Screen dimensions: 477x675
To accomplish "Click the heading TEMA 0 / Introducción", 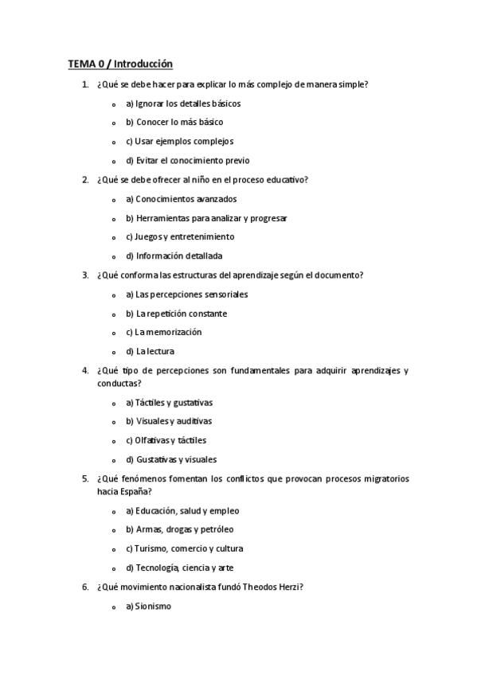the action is [x=119, y=64].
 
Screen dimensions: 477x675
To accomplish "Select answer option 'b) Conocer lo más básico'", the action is [x=174, y=122].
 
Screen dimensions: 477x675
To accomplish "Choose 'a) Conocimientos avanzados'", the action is [x=180, y=198].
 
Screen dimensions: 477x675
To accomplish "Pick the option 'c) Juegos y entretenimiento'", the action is [x=179, y=236].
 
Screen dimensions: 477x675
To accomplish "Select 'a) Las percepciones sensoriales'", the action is [x=186, y=294].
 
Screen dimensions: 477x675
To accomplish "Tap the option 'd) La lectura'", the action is [x=150, y=351].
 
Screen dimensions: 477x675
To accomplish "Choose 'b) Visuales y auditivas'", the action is [x=174, y=421].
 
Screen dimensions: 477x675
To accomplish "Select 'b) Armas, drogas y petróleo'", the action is [x=179, y=529].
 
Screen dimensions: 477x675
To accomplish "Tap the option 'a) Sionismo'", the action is [x=148, y=606].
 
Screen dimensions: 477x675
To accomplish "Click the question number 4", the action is [x=85, y=370].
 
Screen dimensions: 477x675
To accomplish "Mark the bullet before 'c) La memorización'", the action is [x=115, y=333].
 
